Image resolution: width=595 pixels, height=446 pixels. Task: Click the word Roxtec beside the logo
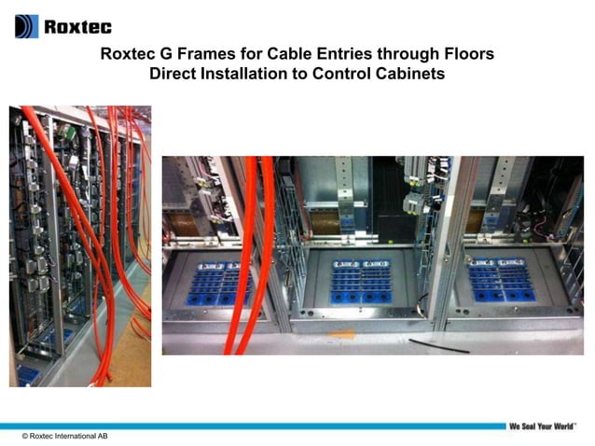pos(68,26)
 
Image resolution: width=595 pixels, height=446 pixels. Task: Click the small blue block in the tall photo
pos(27,374)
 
